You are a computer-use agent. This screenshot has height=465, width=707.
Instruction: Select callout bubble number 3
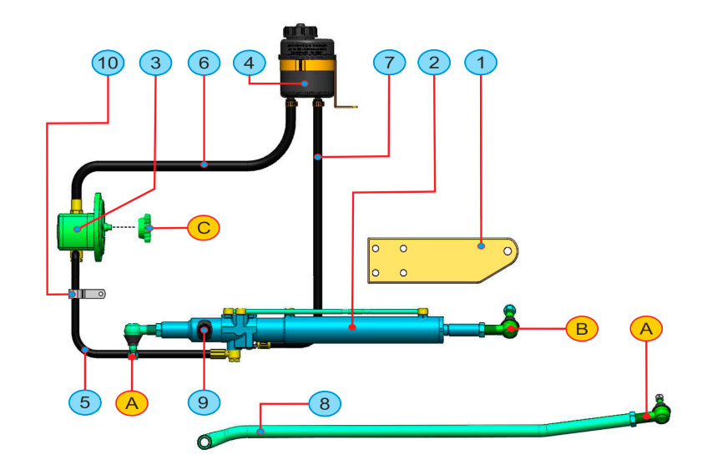coord(156,63)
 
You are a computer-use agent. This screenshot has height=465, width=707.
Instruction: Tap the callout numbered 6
coord(205,63)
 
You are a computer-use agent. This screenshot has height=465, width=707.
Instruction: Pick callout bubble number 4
coord(249,63)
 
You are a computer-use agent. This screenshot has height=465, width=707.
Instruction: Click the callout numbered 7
coord(389,63)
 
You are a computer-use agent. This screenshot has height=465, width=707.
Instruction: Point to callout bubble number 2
coord(435,63)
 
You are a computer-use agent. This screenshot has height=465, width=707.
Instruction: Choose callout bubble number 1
coord(482,63)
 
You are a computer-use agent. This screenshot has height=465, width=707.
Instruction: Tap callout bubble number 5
coord(84,402)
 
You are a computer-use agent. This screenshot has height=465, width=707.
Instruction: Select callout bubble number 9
coord(204,402)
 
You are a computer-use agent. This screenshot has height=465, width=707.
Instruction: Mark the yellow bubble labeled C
coord(204,226)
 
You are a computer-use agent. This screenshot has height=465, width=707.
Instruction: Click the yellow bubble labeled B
coord(581,329)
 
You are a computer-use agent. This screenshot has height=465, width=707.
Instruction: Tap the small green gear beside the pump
coord(149,226)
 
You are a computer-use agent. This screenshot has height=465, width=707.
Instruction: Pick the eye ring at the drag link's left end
coord(205,440)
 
